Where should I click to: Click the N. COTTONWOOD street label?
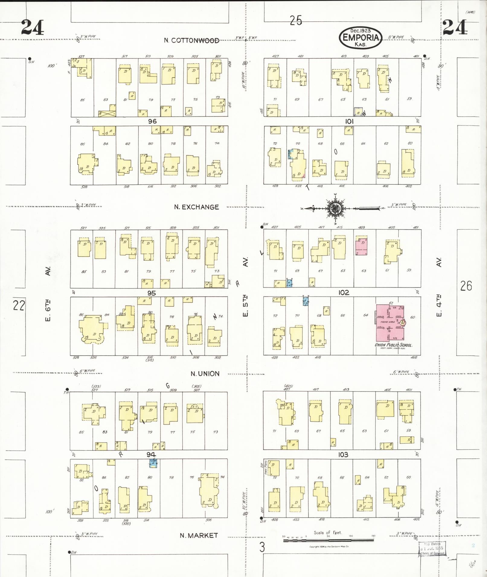pos(191,40)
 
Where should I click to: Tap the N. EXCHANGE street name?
pos(196,207)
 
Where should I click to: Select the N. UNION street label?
pos(205,374)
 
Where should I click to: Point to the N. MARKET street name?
pos(199,535)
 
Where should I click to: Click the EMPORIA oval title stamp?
pos(360,38)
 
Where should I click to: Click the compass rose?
pos(335,208)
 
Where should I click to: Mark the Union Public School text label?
pos(393,345)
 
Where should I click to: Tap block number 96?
pos(152,121)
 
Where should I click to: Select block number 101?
pos(349,121)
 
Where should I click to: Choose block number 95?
pos(152,293)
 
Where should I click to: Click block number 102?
pos(344,293)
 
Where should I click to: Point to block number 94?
pos(151,455)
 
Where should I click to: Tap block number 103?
pos(343,455)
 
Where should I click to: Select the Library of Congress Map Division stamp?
pos(432,549)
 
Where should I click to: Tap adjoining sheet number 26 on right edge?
pos(466,286)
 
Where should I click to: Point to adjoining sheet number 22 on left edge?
pos(19,306)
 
